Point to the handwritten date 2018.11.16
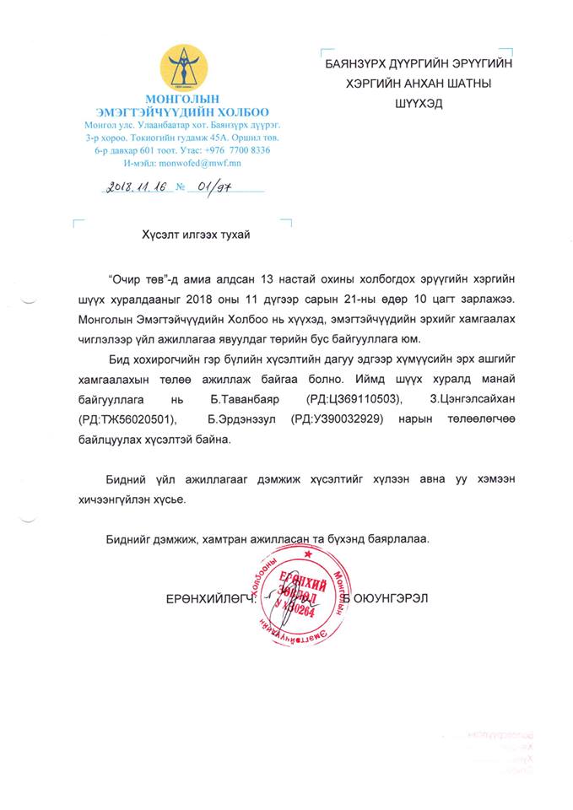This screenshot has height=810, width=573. pos(141,190)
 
